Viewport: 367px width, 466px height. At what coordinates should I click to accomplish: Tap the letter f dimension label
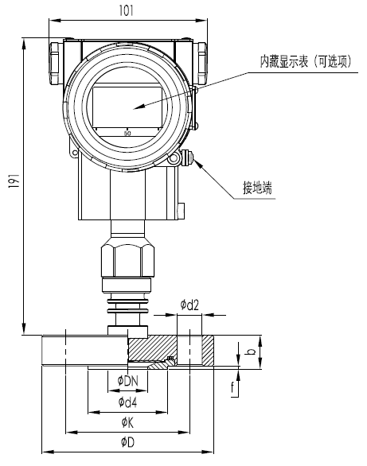point(232,389)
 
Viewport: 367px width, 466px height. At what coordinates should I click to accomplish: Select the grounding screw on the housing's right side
point(186,157)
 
